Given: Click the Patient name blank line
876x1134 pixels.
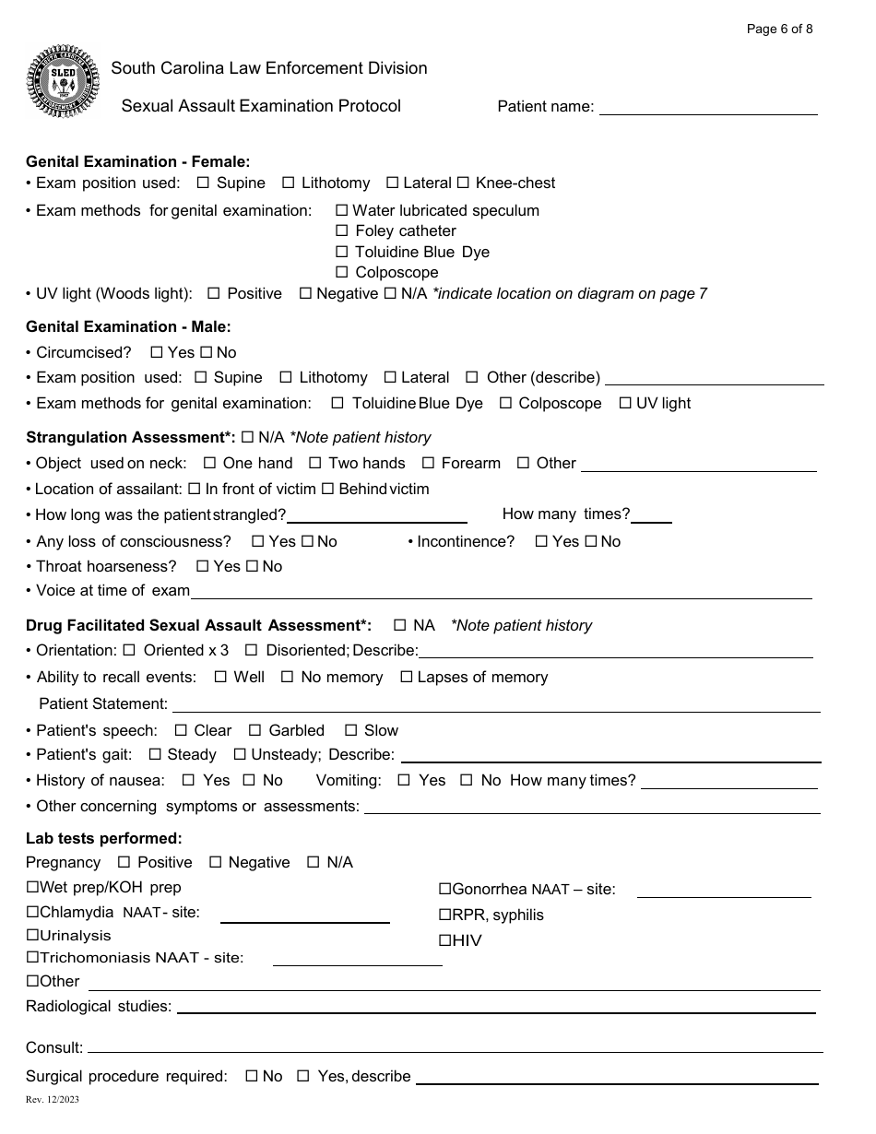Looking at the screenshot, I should (708, 108).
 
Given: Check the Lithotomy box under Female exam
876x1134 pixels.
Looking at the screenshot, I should (289, 183).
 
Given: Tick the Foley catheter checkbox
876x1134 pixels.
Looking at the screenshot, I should (342, 230).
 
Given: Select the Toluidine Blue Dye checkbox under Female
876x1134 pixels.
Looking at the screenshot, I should (342, 252).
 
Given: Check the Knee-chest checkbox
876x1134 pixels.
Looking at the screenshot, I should (463, 183).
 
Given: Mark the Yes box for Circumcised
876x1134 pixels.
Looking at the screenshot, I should (157, 352).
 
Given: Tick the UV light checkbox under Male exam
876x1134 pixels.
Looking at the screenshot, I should (625, 403).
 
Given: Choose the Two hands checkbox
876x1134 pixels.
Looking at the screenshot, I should (315, 463).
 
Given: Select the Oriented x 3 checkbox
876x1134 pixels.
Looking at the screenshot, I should (129, 650).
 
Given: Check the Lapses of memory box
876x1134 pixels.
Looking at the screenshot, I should (406, 677).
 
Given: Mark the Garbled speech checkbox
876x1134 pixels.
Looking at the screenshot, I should (255, 730).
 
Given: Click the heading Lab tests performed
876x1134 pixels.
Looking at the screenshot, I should (104, 838).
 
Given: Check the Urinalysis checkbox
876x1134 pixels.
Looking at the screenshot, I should (32, 935).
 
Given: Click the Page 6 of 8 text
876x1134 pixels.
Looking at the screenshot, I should (779, 29).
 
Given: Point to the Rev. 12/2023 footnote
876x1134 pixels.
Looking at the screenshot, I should (53, 1100).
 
